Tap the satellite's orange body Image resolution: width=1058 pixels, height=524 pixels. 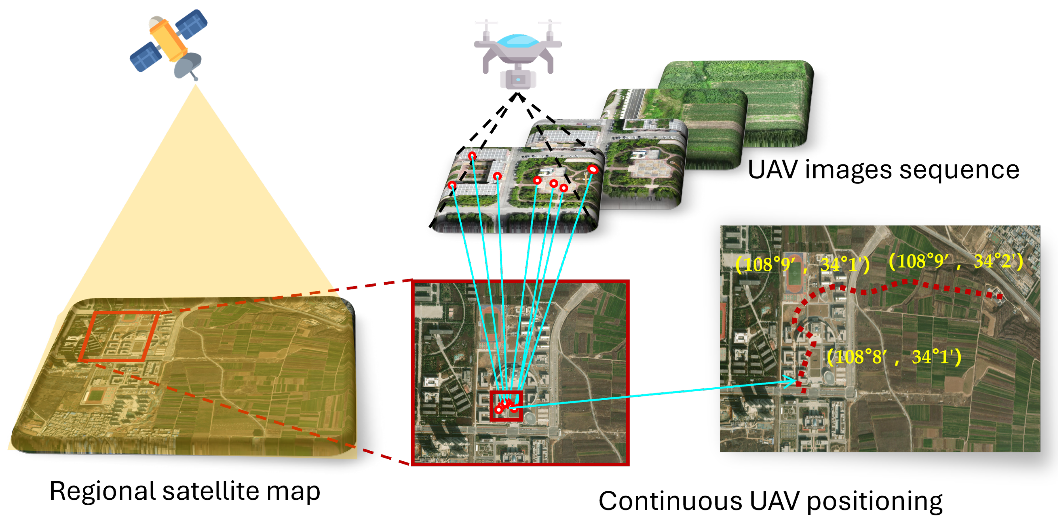pyautogui.click(x=169, y=39)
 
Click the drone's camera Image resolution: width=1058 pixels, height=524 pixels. pyautogui.click(x=518, y=79)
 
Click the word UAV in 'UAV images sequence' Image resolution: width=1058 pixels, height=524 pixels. pyautogui.click(x=773, y=170)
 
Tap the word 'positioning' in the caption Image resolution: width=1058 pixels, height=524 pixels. pyautogui.click(x=875, y=501)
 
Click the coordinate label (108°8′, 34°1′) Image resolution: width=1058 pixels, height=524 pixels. pyautogui.click(x=894, y=357)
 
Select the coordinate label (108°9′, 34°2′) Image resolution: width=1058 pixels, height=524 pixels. pyautogui.click(x=955, y=261)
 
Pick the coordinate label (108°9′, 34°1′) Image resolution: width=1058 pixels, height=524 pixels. pyautogui.click(x=802, y=265)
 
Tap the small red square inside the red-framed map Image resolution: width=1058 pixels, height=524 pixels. pyautogui.click(x=506, y=406)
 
